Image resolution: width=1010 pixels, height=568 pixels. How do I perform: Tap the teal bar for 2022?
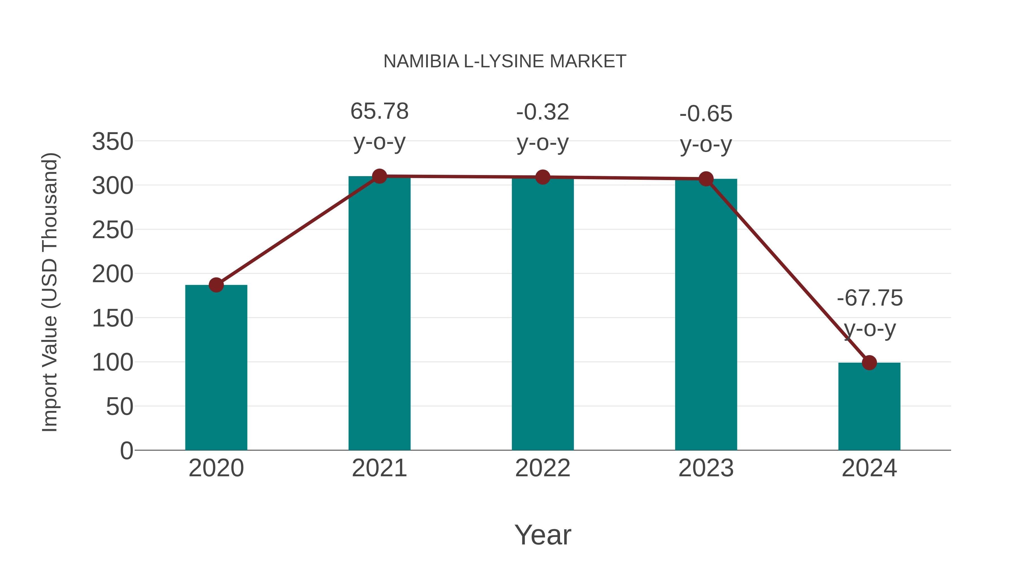tap(543, 314)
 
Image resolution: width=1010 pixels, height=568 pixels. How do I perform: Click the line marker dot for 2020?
tap(216, 285)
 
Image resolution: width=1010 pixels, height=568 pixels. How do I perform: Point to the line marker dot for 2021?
tap(379, 176)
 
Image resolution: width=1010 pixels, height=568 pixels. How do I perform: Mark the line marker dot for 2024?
tap(869, 363)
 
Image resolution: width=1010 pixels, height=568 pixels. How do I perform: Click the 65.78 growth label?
tap(379, 111)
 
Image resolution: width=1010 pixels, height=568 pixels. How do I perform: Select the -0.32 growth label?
tap(543, 112)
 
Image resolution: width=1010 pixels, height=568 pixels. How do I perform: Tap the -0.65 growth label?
tap(706, 114)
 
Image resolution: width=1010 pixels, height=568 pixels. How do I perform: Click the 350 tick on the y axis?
tap(113, 142)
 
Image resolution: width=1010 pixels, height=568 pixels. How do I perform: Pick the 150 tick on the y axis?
tap(113, 318)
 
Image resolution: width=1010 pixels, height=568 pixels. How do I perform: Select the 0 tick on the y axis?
tap(126, 451)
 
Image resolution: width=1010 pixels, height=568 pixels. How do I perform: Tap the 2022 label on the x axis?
tap(543, 468)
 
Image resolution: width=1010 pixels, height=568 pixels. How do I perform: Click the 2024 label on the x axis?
tap(869, 468)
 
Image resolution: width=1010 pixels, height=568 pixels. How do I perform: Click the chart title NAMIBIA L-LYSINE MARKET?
tap(505, 61)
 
